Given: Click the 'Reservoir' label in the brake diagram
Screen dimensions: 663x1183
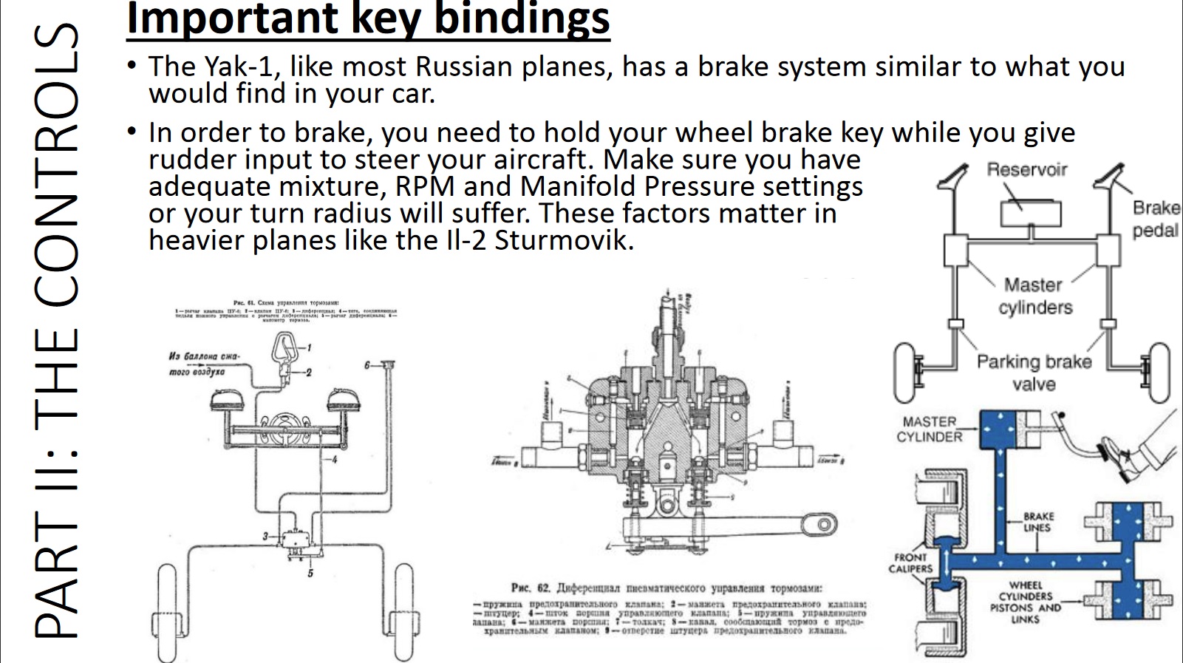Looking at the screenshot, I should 1027,170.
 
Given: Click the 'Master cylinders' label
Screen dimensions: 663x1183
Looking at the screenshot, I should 1034,296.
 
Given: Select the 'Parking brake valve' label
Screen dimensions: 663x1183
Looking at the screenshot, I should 1034,373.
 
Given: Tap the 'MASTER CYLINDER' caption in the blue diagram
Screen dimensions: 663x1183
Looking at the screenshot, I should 930,429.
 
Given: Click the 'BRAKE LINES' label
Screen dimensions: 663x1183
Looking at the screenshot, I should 1038,522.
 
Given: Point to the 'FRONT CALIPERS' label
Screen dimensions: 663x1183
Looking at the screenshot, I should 910,562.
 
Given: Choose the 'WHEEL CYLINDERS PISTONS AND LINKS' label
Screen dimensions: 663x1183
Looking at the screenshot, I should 1026,602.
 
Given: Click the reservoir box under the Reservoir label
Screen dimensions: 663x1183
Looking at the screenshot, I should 1031,214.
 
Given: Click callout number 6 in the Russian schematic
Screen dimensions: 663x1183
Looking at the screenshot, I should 367,365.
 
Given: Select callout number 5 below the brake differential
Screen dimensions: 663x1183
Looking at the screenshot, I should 310,573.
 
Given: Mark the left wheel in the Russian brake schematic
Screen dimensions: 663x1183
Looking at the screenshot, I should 167,610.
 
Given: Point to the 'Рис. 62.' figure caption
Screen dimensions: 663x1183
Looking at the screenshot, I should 531,588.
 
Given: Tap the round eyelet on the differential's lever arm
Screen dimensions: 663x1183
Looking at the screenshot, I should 822,525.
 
